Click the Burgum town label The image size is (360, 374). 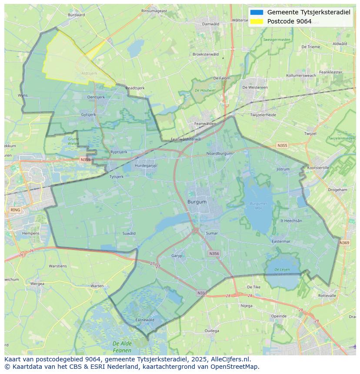click(x=197, y=202)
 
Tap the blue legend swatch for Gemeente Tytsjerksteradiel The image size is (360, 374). click(x=257, y=12)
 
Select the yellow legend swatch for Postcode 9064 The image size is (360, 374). click(x=257, y=21)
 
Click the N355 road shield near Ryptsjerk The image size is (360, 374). click(x=85, y=160)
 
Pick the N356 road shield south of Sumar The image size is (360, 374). click(x=214, y=253)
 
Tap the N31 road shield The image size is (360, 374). click(x=201, y=293)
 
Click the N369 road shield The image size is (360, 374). click(x=344, y=243)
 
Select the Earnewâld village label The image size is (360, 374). click(x=145, y=320)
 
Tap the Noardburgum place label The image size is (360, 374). click(x=219, y=153)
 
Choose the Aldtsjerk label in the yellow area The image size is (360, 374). click(x=89, y=73)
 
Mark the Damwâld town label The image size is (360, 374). click(x=210, y=24)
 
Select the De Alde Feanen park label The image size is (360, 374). click(x=122, y=347)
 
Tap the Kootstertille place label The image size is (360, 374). click(x=318, y=168)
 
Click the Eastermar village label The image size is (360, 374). click(x=280, y=241)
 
